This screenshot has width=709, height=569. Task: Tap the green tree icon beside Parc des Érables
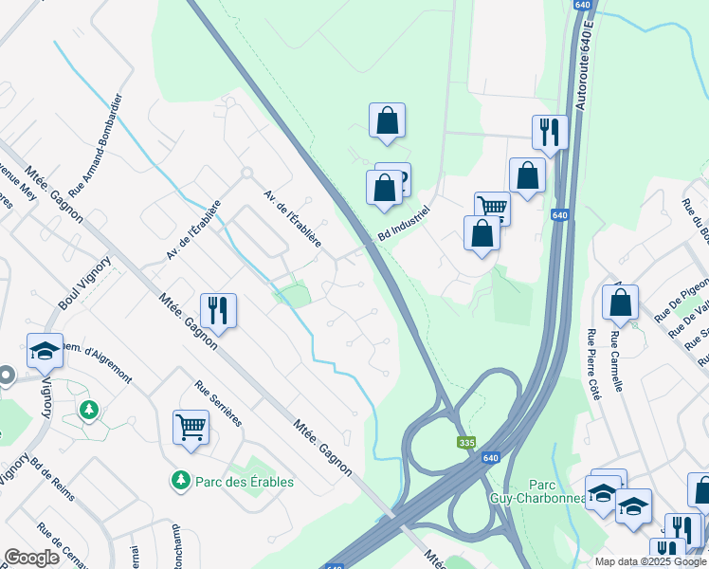[180, 482]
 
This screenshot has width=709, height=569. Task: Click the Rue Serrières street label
[219, 403]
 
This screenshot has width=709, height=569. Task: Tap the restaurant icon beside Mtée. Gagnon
[218, 310]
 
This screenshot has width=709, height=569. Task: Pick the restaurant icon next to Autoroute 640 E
[549, 132]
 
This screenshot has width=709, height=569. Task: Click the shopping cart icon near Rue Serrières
[191, 427]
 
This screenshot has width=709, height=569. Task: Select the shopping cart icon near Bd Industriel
[493, 208]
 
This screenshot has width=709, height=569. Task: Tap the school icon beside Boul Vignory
[45, 351]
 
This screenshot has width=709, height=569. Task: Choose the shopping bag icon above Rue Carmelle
[620, 303]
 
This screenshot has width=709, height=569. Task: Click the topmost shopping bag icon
[387, 120]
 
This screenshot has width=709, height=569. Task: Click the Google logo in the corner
[32, 557]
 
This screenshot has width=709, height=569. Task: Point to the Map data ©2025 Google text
[650, 561]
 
